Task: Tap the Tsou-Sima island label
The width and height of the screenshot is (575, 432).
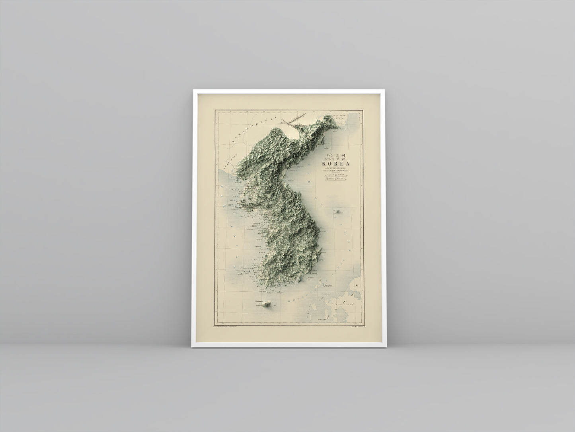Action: tap(329, 285)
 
